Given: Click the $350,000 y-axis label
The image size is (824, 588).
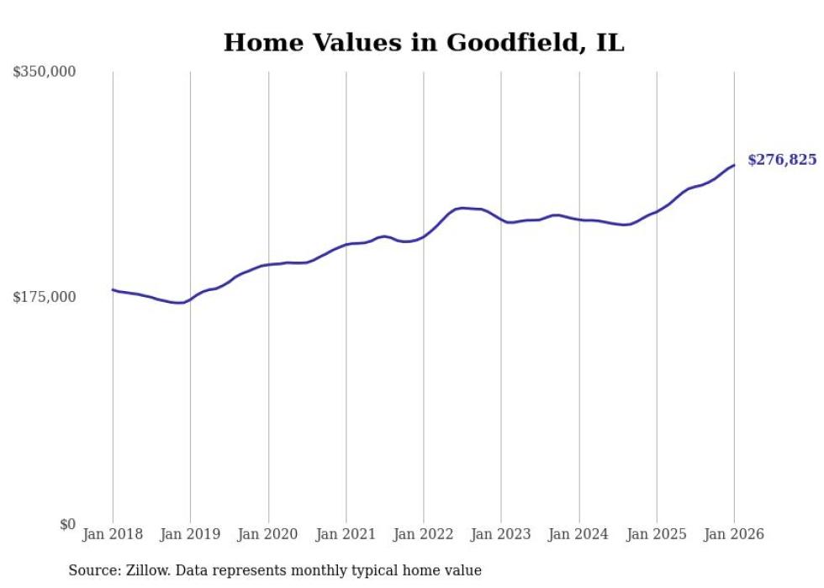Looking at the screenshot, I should click(x=45, y=72).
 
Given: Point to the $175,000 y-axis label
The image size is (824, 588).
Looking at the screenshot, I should click(x=45, y=297).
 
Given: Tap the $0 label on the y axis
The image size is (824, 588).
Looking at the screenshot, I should click(x=67, y=524).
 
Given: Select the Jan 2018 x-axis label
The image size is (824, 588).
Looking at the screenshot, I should click(x=113, y=534).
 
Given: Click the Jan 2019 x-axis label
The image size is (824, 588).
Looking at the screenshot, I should click(x=190, y=534).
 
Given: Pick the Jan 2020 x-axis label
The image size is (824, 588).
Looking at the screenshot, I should click(x=268, y=534).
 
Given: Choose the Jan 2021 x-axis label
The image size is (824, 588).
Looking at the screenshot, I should click(x=346, y=534).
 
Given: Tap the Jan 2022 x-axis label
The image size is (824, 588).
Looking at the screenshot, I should click(x=424, y=534).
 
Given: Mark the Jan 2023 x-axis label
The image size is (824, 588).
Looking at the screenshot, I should click(x=501, y=534).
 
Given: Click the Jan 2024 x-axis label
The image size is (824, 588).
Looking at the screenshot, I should click(x=578, y=534).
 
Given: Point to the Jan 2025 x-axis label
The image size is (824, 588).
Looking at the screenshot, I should click(x=657, y=534).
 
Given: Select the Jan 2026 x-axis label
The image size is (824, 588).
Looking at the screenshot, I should click(x=734, y=534).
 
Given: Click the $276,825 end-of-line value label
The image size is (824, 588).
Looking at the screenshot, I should click(x=782, y=160).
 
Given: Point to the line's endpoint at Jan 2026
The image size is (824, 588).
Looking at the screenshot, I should click(x=734, y=165).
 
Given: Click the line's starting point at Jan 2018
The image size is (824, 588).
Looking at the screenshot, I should click(x=113, y=289).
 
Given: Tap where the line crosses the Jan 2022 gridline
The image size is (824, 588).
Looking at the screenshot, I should click(x=424, y=236).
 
